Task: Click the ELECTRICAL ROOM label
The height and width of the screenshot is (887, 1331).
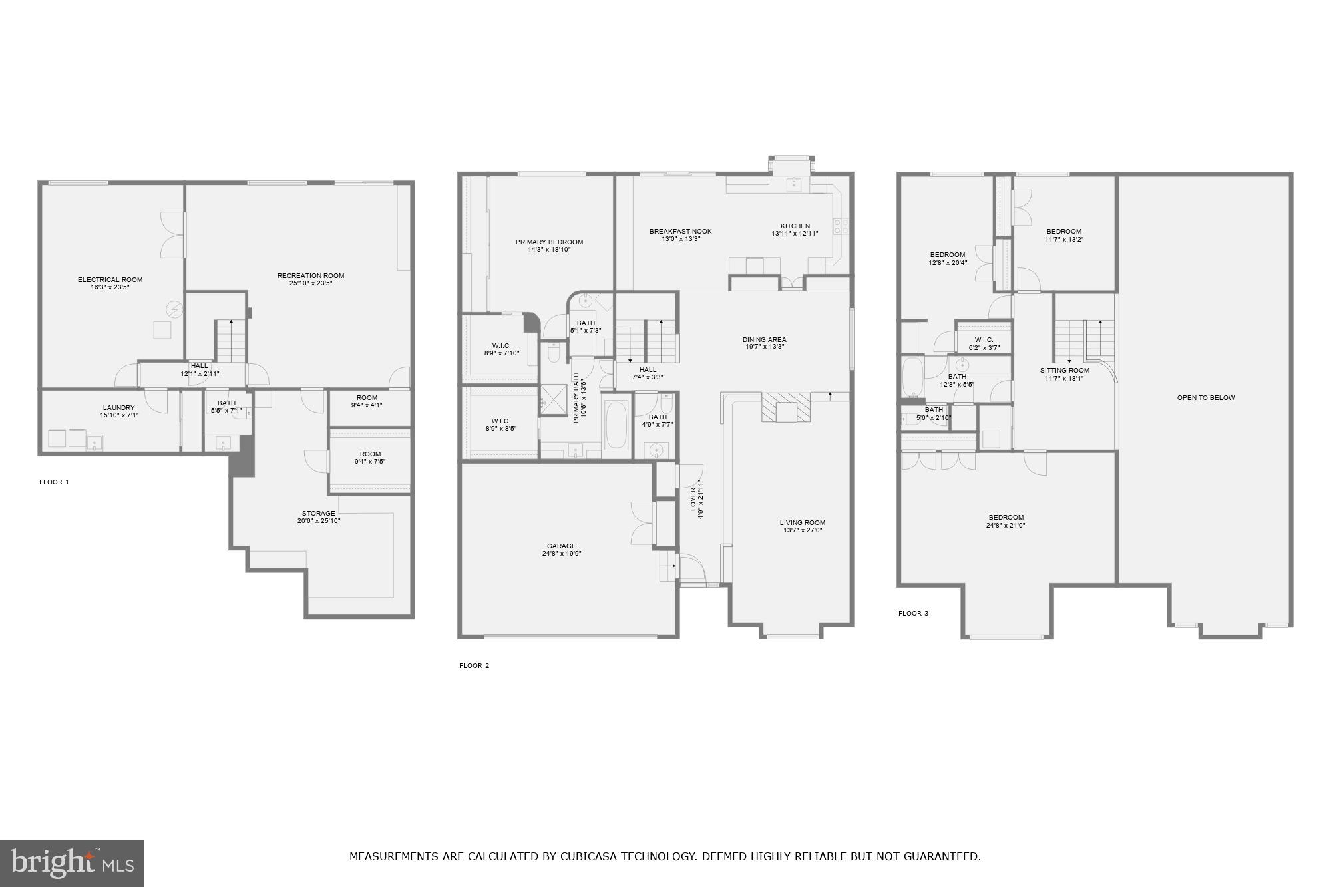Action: [x=110, y=280]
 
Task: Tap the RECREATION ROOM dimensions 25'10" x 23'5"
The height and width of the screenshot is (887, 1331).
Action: [x=310, y=283]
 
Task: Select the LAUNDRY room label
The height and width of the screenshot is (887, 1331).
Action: [x=118, y=408]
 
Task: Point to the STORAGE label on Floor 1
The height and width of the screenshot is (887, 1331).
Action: [x=318, y=514]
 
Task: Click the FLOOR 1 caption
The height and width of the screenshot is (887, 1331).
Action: [x=54, y=482]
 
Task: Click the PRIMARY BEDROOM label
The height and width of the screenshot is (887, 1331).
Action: [x=549, y=242]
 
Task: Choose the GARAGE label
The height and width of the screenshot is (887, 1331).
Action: [x=561, y=546]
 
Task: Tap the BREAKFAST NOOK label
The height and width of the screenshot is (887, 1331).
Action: [x=680, y=232]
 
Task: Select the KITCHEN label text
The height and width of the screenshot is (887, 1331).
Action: [x=795, y=226]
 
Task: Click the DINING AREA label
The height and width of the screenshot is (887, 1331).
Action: [x=764, y=340]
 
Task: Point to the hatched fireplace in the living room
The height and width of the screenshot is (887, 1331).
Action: [x=786, y=407]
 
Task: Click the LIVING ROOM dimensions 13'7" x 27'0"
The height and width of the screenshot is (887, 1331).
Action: [x=802, y=530]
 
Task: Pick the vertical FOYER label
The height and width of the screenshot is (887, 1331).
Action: [x=693, y=499]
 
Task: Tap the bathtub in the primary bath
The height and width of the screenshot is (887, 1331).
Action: [x=616, y=425]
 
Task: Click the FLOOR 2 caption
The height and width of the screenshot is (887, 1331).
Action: [x=474, y=666]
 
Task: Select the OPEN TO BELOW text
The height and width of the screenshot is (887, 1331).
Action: [x=1205, y=398]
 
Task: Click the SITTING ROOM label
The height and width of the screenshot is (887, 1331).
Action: [x=1065, y=371]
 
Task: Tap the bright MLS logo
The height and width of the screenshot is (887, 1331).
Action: [x=72, y=863]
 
